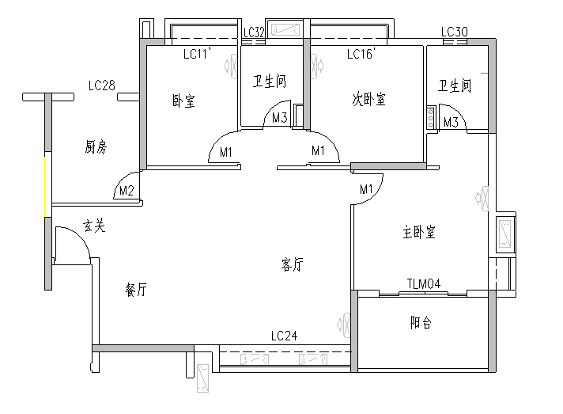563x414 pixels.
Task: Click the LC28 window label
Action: click(103, 85)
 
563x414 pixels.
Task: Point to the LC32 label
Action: click(254, 32)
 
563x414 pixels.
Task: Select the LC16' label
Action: click(361, 55)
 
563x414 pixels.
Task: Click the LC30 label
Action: click(455, 32)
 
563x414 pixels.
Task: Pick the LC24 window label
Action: click(284, 336)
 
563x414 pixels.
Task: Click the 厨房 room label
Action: click(96, 146)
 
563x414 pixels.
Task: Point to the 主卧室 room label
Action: click(419, 233)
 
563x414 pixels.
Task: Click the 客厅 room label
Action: click(292, 265)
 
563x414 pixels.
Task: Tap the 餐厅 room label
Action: click(136, 290)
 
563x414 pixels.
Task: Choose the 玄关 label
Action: click(94, 227)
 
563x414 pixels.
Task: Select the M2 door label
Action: click(126, 191)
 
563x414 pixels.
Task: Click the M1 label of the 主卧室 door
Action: click(366, 189)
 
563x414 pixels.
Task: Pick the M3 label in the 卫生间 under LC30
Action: click(451, 122)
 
